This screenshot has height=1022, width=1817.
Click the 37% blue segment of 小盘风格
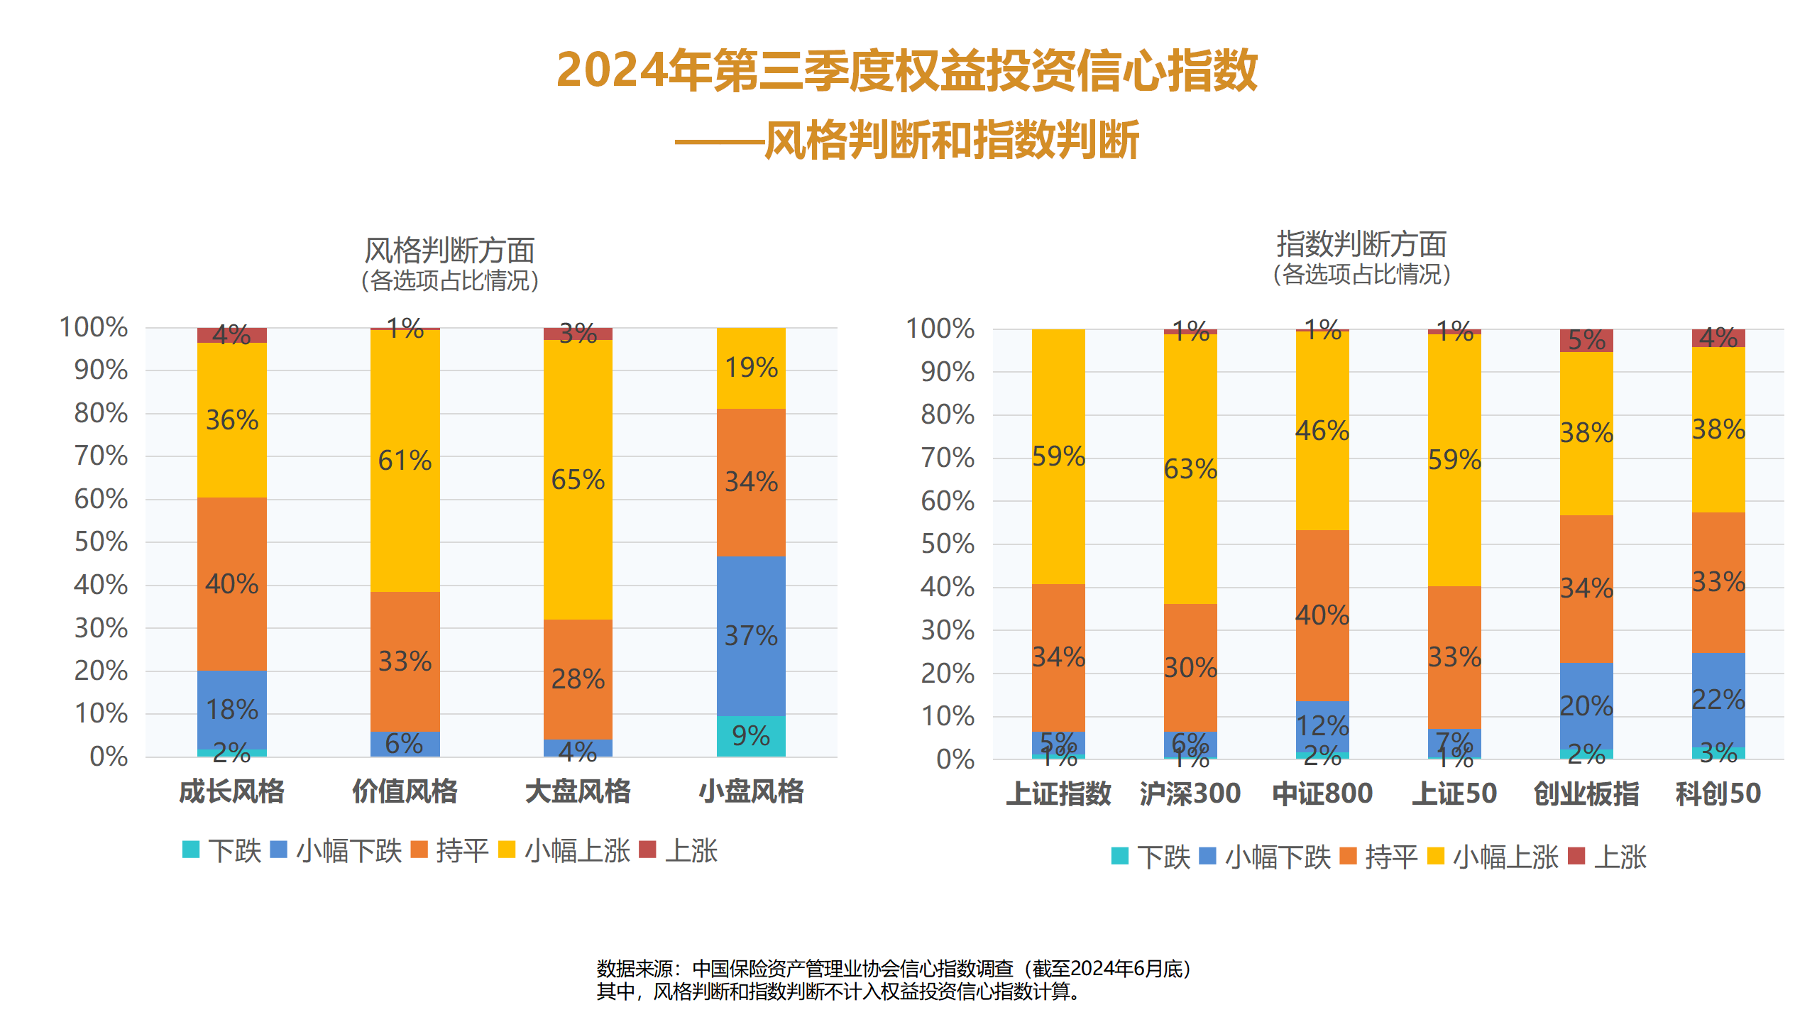point(751,636)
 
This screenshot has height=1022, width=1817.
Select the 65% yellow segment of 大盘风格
point(578,480)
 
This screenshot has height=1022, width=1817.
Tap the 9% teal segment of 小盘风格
point(751,736)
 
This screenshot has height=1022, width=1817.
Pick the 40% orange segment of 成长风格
point(232,583)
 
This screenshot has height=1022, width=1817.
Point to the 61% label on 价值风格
point(405,461)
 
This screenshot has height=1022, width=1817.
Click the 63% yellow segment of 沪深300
point(1190,469)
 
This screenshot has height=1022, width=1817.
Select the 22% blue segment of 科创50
point(1718,700)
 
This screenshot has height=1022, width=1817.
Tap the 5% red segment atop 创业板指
point(1586,341)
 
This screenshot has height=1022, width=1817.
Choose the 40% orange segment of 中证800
point(1322,615)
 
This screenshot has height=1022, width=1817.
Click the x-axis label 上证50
point(1454,793)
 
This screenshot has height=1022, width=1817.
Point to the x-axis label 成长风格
point(232,791)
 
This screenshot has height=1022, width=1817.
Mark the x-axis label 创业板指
point(1586,793)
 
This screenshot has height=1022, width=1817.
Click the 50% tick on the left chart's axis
point(101,542)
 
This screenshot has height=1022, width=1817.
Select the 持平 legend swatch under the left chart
point(419,850)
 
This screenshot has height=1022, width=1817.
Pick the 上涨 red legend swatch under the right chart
point(1576,856)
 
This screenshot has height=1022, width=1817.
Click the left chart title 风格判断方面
point(449,251)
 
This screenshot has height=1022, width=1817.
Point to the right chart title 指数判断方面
point(1361,244)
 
